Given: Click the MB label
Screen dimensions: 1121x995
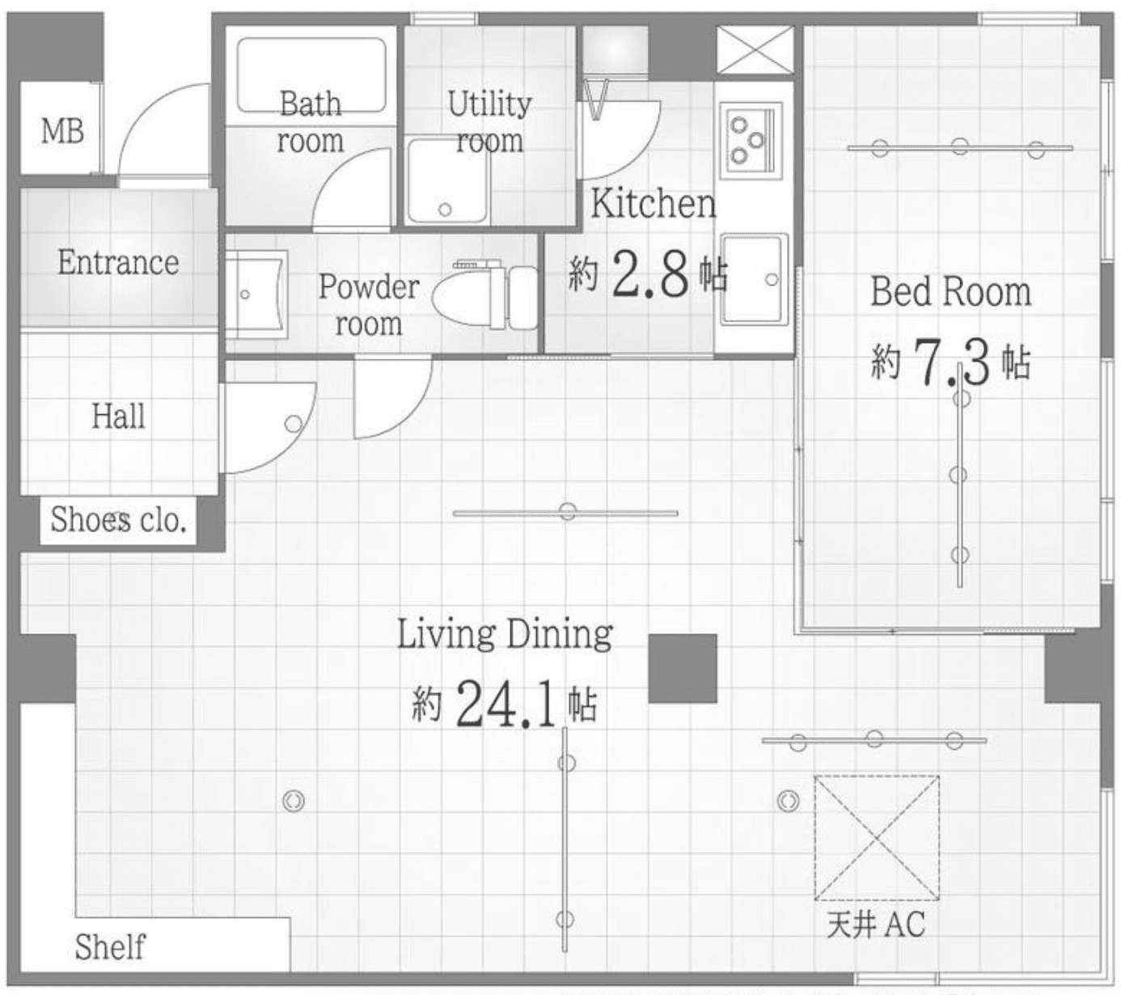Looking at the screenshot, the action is (x=62, y=132).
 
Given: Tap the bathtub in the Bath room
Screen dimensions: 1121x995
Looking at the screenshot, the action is (x=311, y=75).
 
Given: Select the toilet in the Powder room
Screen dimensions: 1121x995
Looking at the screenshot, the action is (x=484, y=297).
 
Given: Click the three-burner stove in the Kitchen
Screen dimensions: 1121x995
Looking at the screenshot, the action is (x=751, y=140).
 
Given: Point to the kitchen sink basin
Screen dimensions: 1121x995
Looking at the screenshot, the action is (x=754, y=279).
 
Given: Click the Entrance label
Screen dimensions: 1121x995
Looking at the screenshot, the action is (x=118, y=262).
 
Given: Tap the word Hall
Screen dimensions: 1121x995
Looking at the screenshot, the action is (x=118, y=416).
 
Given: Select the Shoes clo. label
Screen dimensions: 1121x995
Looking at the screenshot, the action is (x=118, y=519).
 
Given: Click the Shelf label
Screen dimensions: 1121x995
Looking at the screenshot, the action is (x=110, y=946).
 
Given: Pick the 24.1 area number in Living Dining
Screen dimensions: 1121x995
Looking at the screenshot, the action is (x=506, y=703).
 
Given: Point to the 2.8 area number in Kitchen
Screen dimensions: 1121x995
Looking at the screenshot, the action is (x=651, y=273).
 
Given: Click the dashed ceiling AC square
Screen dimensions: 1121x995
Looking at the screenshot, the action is (x=877, y=838).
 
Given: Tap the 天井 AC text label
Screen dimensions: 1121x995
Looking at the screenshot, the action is (x=876, y=924).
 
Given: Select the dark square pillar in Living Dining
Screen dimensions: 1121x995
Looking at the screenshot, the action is (x=683, y=668).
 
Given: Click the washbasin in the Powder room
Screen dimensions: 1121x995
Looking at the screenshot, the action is (x=256, y=294).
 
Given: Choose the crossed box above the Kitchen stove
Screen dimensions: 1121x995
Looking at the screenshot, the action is (x=755, y=50).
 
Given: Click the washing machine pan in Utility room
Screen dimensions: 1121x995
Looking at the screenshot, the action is (x=448, y=181).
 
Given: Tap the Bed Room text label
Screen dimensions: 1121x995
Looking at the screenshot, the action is (x=950, y=292).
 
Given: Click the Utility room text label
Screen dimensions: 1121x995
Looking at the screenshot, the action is (x=489, y=122).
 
